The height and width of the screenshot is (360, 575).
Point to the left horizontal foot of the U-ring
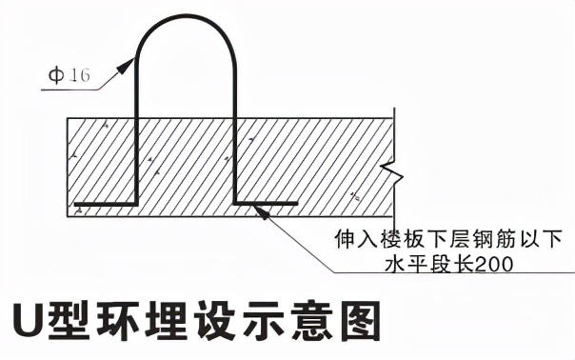point(106,204)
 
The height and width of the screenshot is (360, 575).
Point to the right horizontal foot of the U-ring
point(267,203)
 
